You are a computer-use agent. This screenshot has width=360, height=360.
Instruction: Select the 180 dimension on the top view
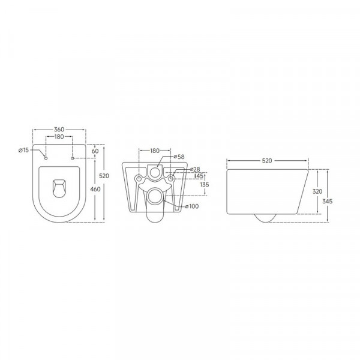pos(59,137)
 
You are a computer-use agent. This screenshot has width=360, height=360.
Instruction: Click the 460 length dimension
pos(95,190)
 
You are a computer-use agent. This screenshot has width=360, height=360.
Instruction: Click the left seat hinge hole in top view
pos(46,158)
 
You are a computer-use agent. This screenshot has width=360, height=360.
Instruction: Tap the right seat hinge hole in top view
pos(73,158)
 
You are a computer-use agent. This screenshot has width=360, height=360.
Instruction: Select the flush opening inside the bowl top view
pos(59,187)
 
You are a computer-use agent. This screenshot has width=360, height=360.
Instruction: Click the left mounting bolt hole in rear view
pos(139,179)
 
